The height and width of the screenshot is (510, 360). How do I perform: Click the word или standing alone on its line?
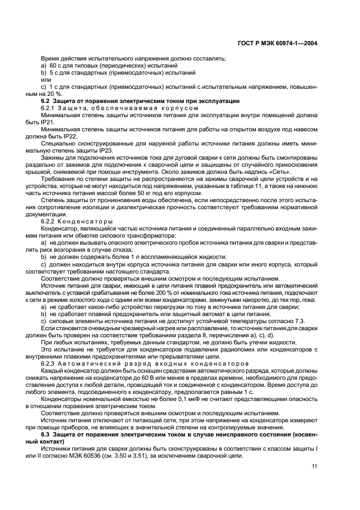click(46, 80)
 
